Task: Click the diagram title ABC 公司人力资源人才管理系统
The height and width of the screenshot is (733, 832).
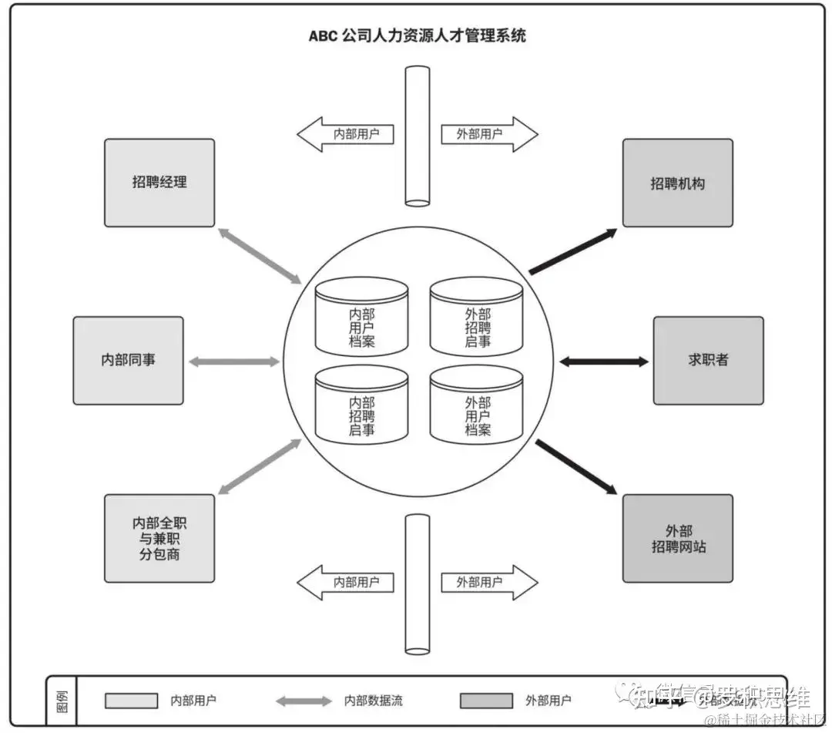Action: point(417,35)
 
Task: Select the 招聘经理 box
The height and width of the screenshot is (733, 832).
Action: point(159,183)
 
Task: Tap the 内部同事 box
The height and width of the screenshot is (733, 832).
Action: point(128,360)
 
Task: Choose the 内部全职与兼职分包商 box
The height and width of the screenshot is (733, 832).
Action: point(159,538)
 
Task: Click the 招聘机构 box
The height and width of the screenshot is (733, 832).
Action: point(677,183)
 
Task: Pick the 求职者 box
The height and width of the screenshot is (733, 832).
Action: point(708,360)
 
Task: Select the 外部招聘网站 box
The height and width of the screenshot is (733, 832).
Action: point(677,538)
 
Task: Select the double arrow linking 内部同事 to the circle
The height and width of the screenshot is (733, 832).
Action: point(234,361)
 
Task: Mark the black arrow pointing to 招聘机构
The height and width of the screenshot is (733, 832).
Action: point(573,250)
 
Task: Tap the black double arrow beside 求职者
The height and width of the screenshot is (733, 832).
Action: point(603,361)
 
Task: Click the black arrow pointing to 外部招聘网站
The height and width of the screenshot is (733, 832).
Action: point(575,467)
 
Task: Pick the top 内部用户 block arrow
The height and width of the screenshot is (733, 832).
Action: point(346,134)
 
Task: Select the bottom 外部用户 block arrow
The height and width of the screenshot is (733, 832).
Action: point(488,583)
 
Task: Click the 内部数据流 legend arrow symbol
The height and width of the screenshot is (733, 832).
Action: point(304,701)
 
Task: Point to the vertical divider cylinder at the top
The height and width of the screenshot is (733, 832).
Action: point(418,136)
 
